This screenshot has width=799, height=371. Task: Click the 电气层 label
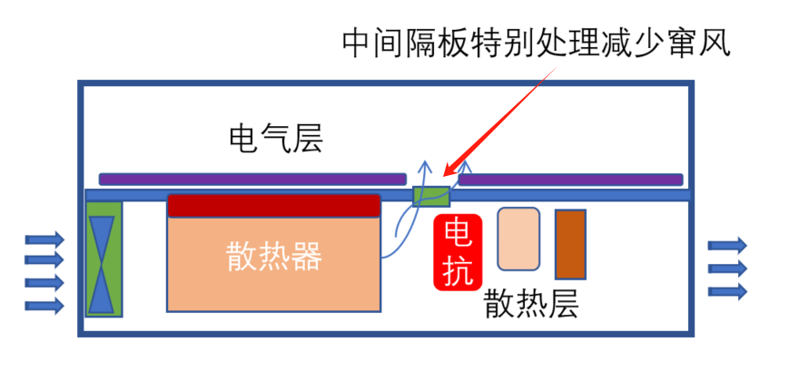pyautogui.click(x=275, y=140)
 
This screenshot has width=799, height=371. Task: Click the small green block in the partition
pyautogui.click(x=431, y=195)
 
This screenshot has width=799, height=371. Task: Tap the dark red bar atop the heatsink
pyautogui.click(x=273, y=206)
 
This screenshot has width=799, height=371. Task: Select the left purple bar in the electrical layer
pyautogui.click(x=252, y=180)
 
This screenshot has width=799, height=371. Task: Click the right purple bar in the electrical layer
pyautogui.click(x=570, y=180)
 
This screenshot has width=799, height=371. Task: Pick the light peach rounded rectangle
pyautogui.click(x=518, y=239)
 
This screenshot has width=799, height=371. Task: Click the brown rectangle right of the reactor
pyautogui.click(x=570, y=244)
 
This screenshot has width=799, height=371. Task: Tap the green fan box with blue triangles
pyautogui.click(x=103, y=259)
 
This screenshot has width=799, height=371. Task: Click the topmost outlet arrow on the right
pyautogui.click(x=727, y=245)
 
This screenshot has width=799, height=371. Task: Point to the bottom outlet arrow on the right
pyautogui.click(x=727, y=290)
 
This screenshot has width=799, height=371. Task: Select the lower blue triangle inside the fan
pyautogui.click(x=103, y=288)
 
